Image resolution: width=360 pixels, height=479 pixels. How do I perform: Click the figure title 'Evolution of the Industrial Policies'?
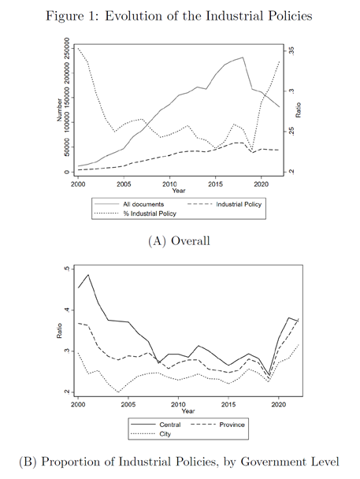coord(209,16)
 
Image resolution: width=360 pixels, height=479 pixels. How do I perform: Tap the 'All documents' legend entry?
coord(143,204)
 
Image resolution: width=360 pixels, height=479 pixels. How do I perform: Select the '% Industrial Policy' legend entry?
coord(150,214)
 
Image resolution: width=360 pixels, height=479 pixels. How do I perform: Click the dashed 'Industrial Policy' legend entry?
coord(239,204)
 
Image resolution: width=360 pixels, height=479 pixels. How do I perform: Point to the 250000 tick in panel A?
coord(67,48)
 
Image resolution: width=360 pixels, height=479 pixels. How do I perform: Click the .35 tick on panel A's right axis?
coord(291,50)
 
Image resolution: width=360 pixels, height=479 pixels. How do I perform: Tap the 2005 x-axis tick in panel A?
coord(124,184)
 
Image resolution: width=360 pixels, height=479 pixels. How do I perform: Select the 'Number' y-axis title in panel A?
coord(59,110)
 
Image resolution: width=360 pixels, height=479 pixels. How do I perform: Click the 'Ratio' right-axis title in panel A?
coord(299,110)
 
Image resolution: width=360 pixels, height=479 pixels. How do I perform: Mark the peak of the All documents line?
coord(243,58)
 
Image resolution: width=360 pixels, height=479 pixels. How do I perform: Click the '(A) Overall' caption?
coord(180,241)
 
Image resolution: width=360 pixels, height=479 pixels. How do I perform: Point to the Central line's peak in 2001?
coord(88,275)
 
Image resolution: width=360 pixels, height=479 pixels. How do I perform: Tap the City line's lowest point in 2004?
coord(118,392)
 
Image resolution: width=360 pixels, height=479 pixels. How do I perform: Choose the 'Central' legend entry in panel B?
coord(170,425)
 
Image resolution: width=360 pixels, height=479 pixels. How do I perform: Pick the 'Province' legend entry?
coord(232,425)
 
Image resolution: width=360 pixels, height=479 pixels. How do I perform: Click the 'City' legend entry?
coord(165,434)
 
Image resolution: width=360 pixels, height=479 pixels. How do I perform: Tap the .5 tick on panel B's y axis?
coord(67,269)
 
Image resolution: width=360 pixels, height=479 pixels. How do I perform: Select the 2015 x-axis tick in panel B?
coord(228,404)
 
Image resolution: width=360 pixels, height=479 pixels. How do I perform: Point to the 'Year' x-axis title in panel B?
coord(188,411)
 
